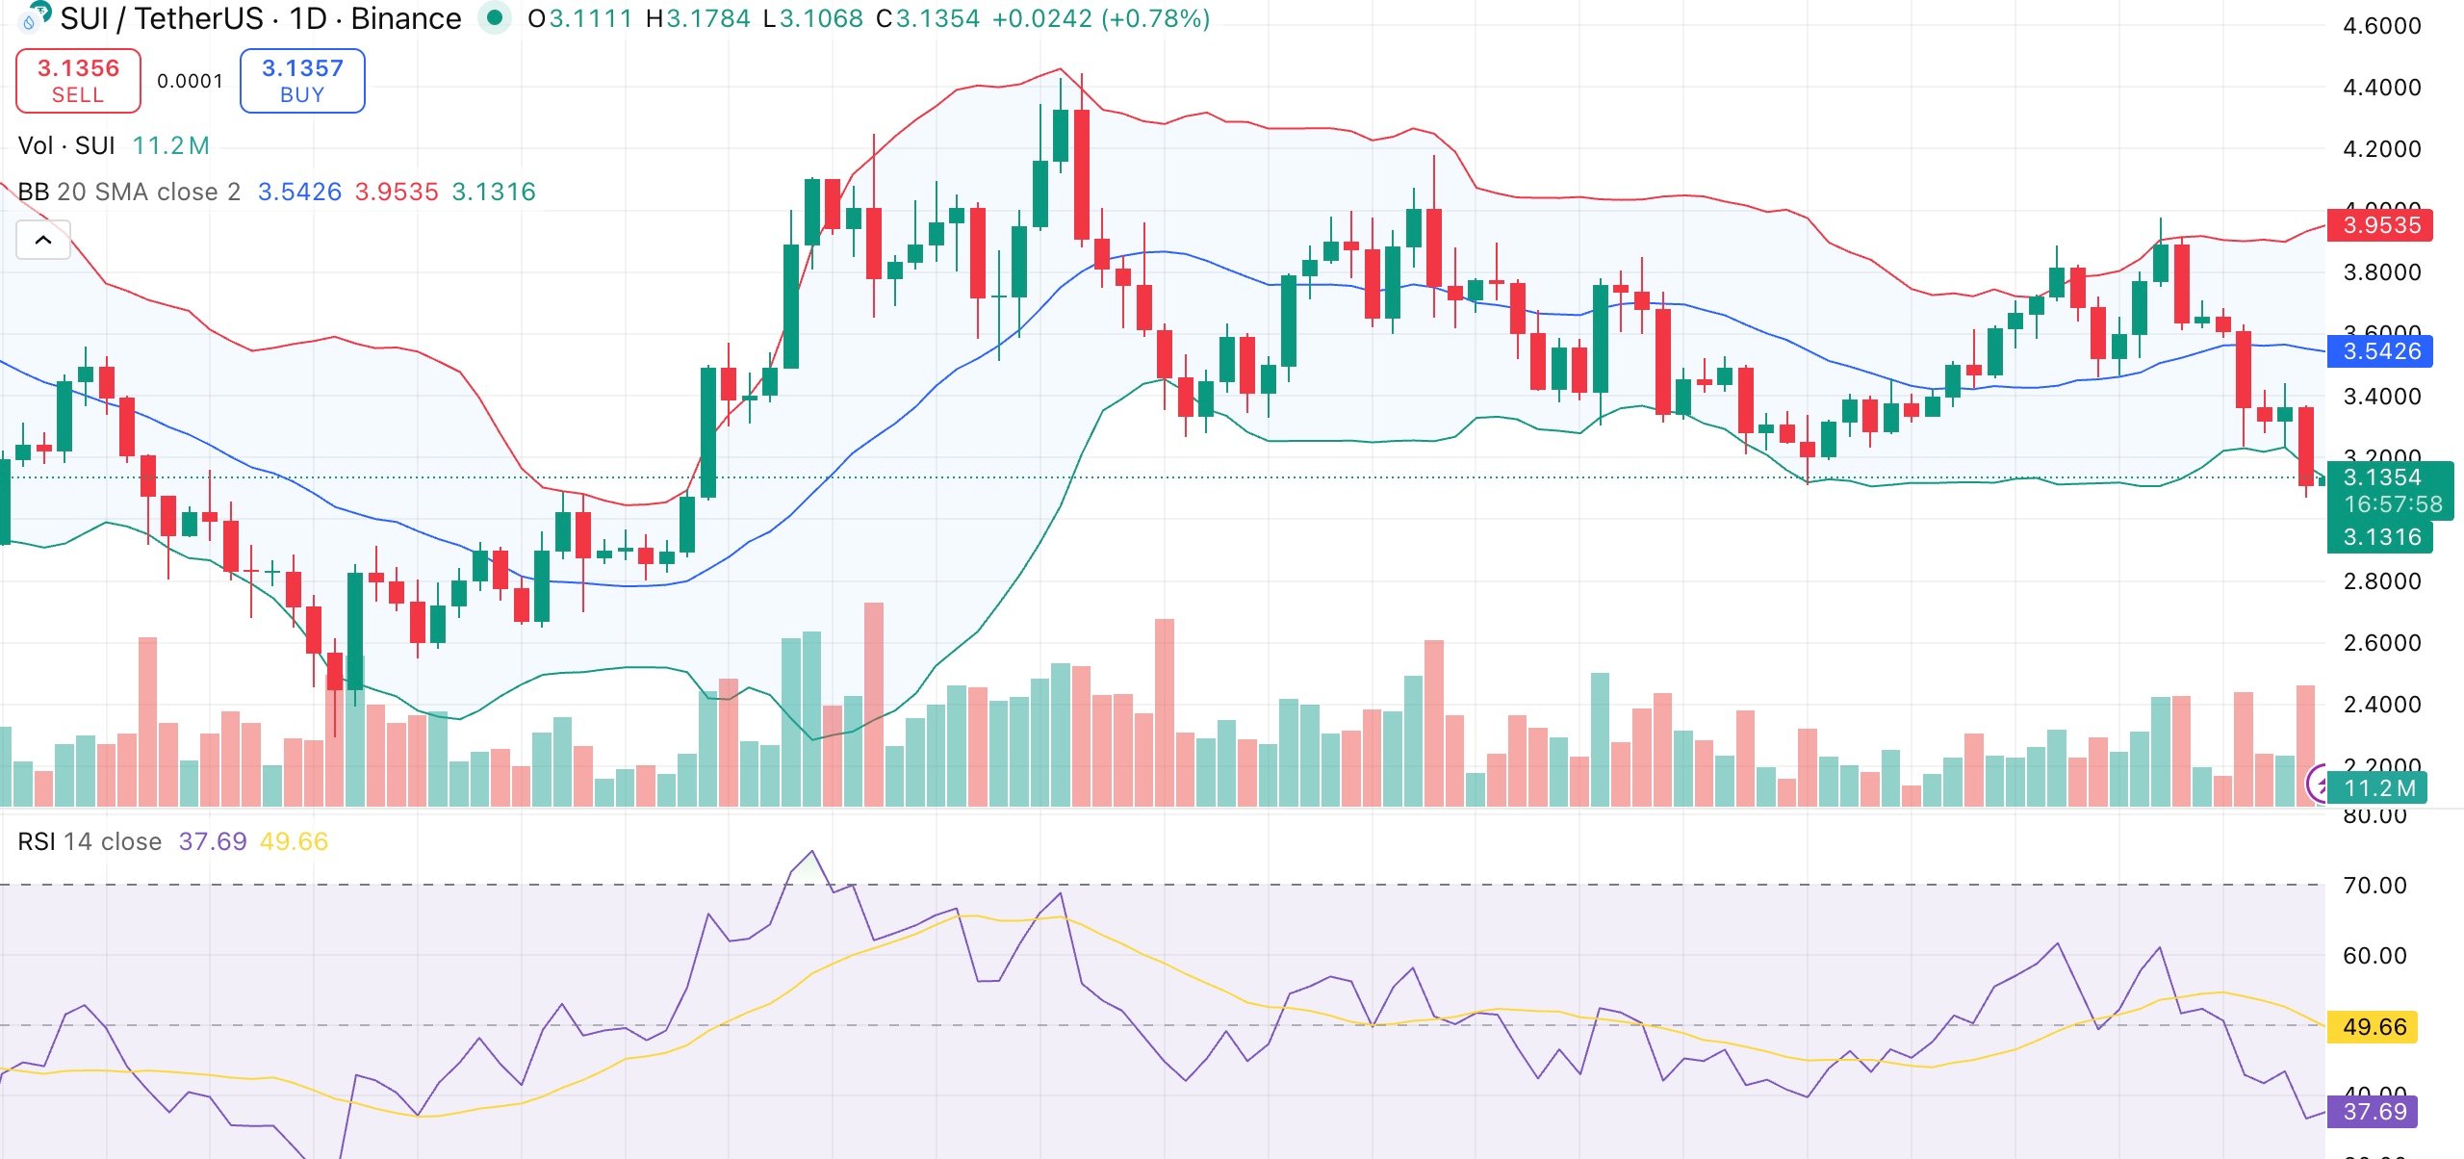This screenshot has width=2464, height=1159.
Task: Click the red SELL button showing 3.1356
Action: (x=78, y=81)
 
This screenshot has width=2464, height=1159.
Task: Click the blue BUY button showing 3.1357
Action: (x=302, y=81)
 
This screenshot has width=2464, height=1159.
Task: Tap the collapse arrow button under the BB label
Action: (x=43, y=241)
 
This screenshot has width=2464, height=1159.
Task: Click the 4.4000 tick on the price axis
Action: (x=2381, y=88)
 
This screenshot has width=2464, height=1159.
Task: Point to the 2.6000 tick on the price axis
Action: (x=2381, y=643)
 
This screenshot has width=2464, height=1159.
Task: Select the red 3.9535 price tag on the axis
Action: (x=2379, y=225)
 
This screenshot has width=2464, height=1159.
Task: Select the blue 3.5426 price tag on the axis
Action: (x=2379, y=351)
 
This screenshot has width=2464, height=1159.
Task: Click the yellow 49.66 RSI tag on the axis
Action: (x=2374, y=1027)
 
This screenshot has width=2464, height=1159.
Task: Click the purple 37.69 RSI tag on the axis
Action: (x=2374, y=1112)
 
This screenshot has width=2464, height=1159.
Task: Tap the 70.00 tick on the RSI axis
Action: (x=2374, y=886)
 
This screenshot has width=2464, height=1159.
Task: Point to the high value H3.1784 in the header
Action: (x=698, y=18)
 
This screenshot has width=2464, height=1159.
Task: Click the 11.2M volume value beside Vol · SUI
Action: (x=170, y=145)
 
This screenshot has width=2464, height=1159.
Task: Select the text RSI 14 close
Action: (x=90, y=841)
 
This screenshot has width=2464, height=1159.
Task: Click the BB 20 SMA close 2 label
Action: (x=129, y=192)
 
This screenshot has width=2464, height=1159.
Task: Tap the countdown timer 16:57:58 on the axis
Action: (x=2393, y=504)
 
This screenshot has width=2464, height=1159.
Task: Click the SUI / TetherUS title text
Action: (x=162, y=18)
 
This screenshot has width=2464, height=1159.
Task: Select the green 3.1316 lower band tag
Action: (x=2379, y=537)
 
